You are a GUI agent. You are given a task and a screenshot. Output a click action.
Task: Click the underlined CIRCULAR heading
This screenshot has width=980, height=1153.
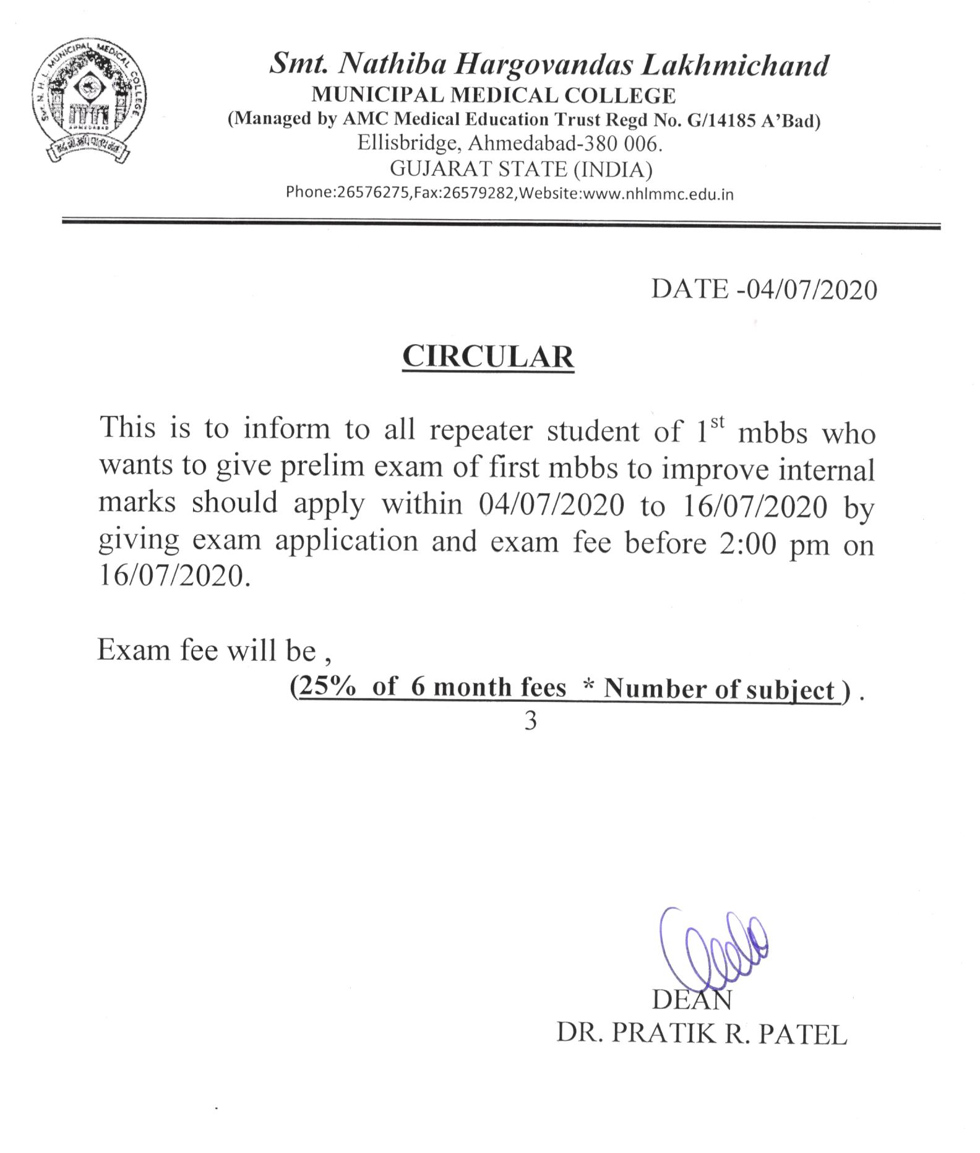click(x=488, y=357)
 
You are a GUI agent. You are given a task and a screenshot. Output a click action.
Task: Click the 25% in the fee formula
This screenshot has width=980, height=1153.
click(x=327, y=687)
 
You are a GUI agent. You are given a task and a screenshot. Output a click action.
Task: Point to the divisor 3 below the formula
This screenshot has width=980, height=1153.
click(x=530, y=721)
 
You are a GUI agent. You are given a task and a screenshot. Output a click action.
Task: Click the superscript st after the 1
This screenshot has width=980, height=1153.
click(x=716, y=422)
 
